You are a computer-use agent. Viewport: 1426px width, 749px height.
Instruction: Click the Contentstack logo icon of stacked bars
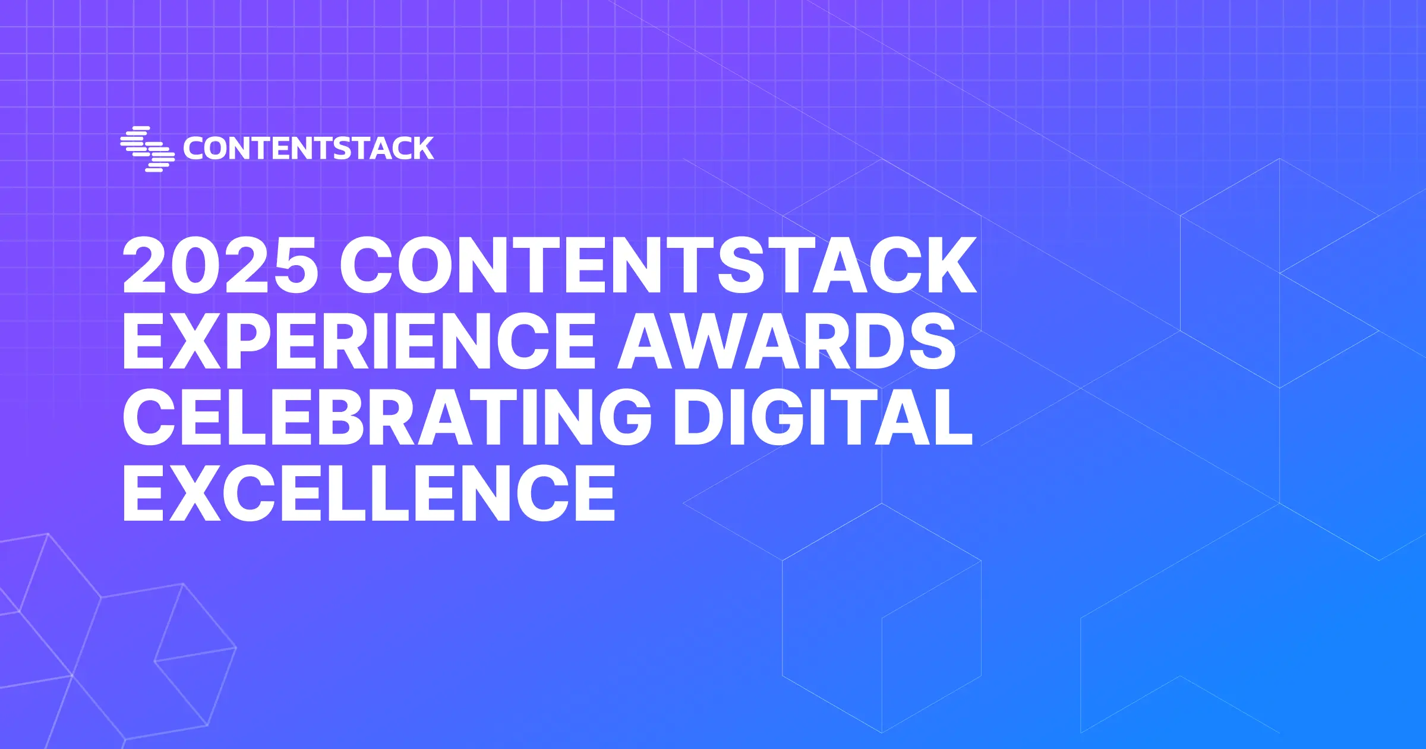click(x=147, y=149)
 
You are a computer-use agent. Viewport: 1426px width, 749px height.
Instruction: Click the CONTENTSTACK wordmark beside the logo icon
click(x=308, y=149)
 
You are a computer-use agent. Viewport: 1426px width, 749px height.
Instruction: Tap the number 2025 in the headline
click(x=220, y=265)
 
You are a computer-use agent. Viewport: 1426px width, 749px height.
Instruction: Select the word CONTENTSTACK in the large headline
click(x=658, y=265)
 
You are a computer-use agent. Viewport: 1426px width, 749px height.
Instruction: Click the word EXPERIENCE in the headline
click(x=359, y=341)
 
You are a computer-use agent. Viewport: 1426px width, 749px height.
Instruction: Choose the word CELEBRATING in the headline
click(x=387, y=416)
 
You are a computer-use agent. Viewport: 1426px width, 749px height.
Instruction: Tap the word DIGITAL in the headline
click(x=823, y=416)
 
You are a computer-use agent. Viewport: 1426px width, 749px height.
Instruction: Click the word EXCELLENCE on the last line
click(x=368, y=493)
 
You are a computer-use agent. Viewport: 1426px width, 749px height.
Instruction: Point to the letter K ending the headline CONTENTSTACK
click(x=950, y=265)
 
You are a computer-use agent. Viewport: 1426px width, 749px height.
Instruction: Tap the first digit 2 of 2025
click(x=145, y=265)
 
